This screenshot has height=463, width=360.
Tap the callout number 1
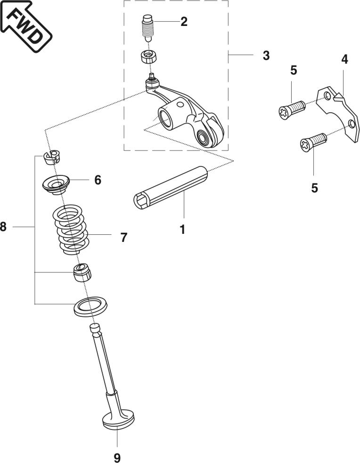(x=182, y=230)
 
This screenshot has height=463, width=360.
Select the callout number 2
(x=183, y=22)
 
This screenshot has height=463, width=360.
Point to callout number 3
(x=266, y=56)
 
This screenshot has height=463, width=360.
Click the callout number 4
(x=344, y=59)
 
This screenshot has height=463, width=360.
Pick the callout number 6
(x=98, y=180)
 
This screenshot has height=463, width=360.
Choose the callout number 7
(x=123, y=237)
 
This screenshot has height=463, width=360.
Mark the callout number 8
(x=4, y=227)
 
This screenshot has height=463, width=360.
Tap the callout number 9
(x=117, y=456)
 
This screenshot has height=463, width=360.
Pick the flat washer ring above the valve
(x=90, y=306)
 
